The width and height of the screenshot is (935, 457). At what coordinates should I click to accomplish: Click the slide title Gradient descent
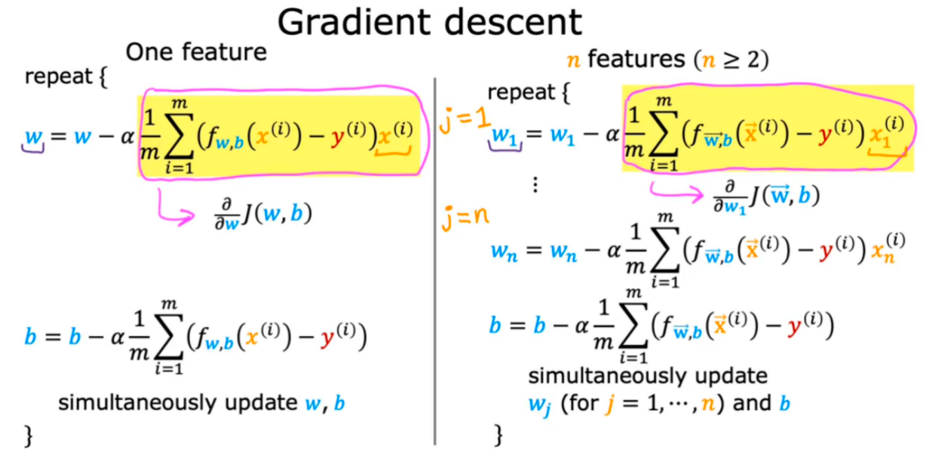430,22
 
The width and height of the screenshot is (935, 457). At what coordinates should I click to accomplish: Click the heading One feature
196,53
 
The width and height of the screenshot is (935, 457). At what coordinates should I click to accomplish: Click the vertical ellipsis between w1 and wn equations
535,184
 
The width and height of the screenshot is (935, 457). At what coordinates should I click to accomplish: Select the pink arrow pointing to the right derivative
678,191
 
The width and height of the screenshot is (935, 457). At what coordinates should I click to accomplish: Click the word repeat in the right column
521,92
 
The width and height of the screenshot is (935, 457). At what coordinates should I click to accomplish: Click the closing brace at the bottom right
498,435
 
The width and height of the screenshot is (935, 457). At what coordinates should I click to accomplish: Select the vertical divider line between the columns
435,262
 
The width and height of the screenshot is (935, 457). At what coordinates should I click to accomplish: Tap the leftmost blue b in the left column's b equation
30,338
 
